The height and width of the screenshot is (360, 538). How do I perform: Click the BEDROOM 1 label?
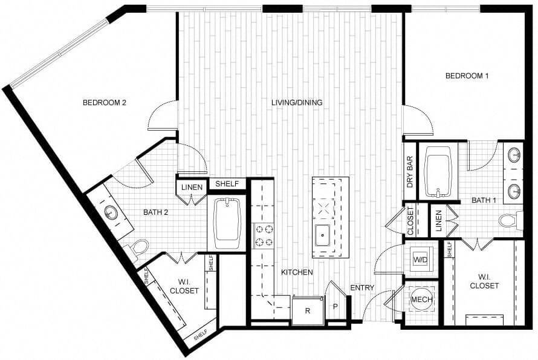click(467, 76)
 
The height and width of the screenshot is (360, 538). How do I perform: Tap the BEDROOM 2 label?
click(104, 102)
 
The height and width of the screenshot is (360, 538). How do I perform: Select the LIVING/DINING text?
click(296, 102)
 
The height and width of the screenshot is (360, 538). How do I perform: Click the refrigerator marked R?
click(308, 312)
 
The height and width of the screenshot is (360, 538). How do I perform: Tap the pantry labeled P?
click(335, 306)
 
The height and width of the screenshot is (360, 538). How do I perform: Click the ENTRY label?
click(362, 287)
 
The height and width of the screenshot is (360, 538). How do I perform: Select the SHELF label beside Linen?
click(227, 184)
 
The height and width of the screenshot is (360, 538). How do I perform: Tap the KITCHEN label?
click(297, 272)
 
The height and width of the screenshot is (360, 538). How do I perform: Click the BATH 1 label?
click(483, 200)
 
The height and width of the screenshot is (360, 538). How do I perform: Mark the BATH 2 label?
click(155, 212)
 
